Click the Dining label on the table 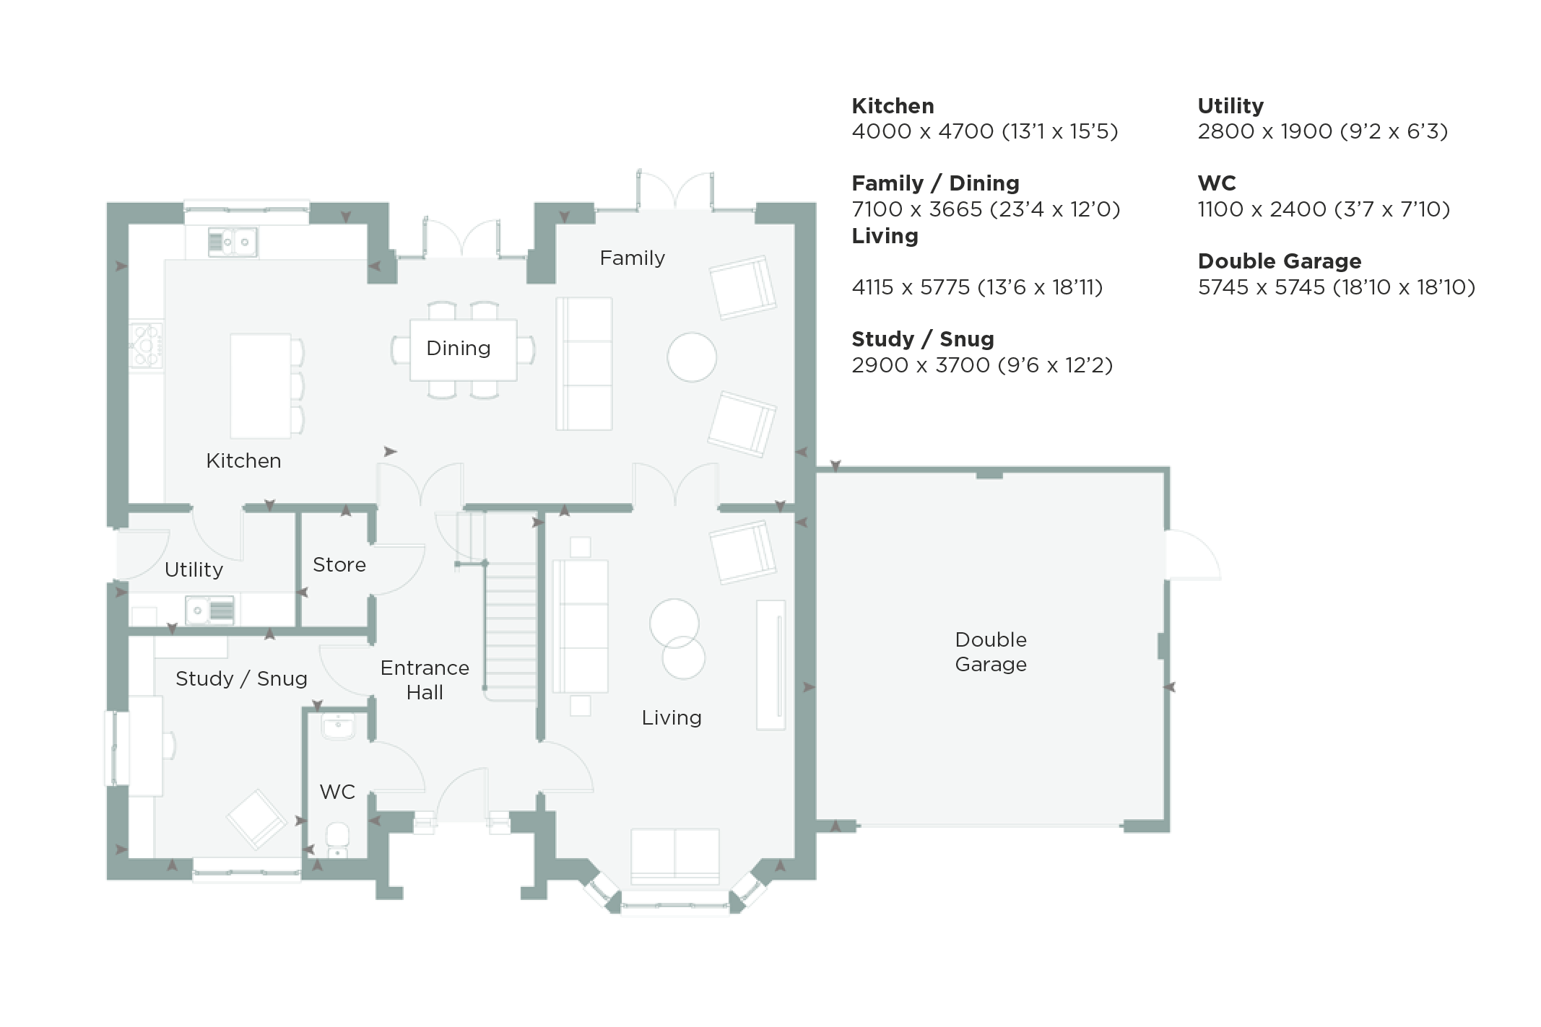tap(458, 348)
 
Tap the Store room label tap(339, 564)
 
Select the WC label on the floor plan tap(337, 792)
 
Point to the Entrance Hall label tap(425, 680)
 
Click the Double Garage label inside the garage tap(991, 652)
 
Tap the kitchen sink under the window tap(233, 242)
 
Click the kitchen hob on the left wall tap(147, 346)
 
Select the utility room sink tap(210, 610)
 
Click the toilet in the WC tap(337, 841)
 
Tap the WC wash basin tap(338, 727)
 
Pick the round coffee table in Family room tap(692, 357)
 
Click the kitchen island tap(261, 385)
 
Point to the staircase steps tap(511, 632)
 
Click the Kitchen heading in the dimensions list tap(893, 106)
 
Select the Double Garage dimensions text tap(1336, 287)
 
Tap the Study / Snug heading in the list tap(923, 339)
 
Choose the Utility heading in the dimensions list tap(1230, 106)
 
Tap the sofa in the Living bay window tap(675, 856)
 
